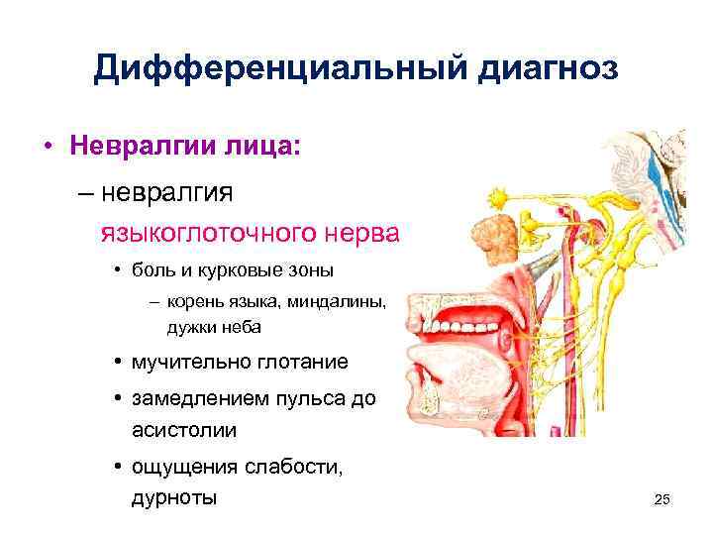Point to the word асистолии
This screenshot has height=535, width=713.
tap(183, 431)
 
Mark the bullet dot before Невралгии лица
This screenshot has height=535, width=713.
tap(47, 148)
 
